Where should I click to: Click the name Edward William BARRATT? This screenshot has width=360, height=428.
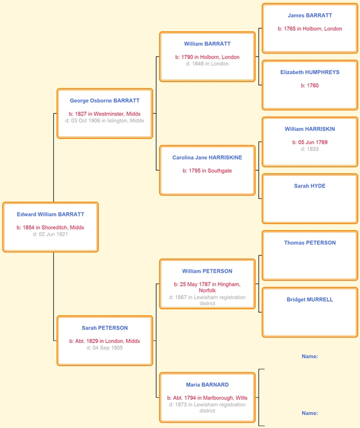click(x=50, y=214)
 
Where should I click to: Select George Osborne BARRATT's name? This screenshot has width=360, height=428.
click(x=104, y=101)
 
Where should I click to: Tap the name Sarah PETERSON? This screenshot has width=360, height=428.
click(x=104, y=328)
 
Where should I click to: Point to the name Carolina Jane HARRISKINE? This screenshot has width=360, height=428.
click(x=207, y=158)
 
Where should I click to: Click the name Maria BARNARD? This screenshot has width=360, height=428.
click(x=208, y=385)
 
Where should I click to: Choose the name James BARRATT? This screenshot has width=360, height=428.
click(x=310, y=16)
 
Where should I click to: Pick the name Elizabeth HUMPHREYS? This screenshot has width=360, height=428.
click(x=310, y=73)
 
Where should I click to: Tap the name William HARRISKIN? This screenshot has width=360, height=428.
click(x=310, y=129)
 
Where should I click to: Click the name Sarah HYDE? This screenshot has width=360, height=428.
click(x=310, y=186)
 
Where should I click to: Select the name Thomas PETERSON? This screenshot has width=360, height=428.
click(x=310, y=243)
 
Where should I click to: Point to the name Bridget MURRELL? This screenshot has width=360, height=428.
click(x=310, y=300)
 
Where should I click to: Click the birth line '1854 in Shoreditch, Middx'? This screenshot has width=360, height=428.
click(x=50, y=227)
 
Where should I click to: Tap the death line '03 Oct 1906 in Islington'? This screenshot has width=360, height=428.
click(x=104, y=120)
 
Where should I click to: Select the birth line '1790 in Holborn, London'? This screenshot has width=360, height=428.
click(x=208, y=57)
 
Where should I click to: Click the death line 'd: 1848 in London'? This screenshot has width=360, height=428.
click(x=208, y=64)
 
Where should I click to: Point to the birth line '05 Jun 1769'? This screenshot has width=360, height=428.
click(x=310, y=142)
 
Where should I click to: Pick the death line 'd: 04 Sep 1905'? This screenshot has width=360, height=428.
click(x=104, y=348)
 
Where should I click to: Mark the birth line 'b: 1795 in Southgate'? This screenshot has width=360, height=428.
click(x=208, y=171)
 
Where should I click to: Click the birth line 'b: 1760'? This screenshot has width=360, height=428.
click(x=310, y=86)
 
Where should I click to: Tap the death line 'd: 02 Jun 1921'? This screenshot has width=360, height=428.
click(x=50, y=234)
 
